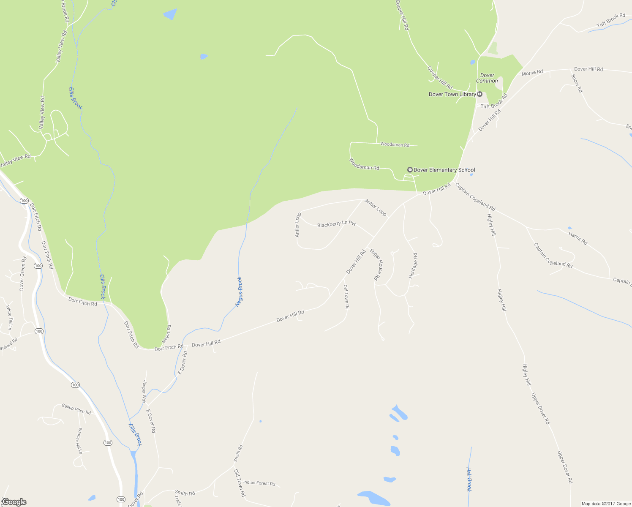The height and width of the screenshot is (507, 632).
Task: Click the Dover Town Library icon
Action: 480,94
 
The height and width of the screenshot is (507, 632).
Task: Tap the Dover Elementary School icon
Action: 409,170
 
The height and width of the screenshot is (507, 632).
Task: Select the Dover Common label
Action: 487,78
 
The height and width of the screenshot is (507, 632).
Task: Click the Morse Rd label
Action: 532,73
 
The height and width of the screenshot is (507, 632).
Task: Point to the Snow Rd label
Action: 577,84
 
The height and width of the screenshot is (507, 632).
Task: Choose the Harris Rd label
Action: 578,239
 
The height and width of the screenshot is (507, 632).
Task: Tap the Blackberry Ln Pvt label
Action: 336,224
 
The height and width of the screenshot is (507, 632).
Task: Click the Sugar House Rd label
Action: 377,265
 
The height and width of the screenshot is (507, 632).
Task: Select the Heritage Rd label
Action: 413,266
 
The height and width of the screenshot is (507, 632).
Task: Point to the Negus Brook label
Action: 239,292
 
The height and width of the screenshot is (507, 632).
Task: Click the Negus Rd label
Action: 166,334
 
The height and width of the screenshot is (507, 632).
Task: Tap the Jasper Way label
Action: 144,392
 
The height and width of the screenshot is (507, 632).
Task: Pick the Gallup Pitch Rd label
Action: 76,409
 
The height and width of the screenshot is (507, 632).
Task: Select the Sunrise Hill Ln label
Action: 79,441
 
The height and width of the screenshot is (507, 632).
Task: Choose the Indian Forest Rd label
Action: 259,483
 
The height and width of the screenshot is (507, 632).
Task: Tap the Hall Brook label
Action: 469,479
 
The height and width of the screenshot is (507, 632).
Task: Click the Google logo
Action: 14,502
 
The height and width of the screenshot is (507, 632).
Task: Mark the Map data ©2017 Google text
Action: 606,504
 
